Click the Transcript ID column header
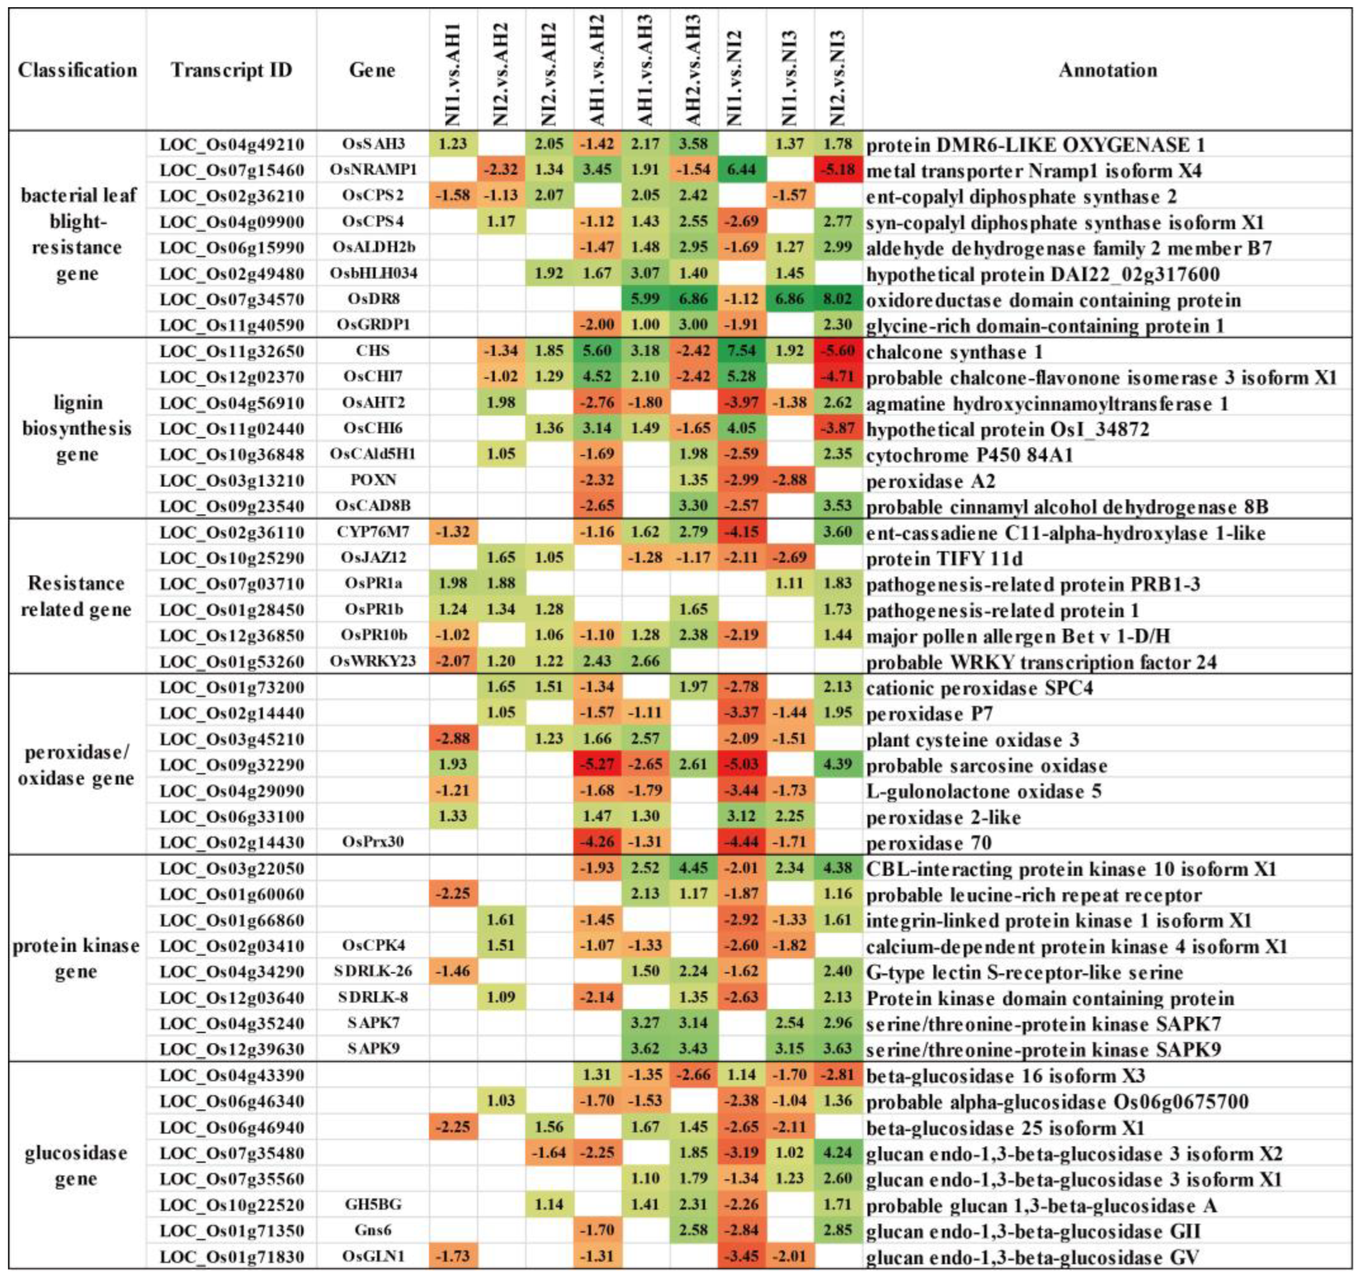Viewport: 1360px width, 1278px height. pyautogui.click(x=231, y=71)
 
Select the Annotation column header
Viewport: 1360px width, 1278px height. pyautogui.click(x=1107, y=71)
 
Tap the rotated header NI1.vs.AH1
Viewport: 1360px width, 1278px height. pyautogui.click(x=453, y=75)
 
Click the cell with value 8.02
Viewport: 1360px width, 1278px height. pyautogui.click(x=838, y=300)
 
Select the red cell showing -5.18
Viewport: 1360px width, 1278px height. pyautogui.click(x=838, y=170)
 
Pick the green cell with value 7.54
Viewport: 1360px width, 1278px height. pyautogui.click(x=742, y=351)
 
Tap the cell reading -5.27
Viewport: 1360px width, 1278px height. pyautogui.click(x=597, y=765)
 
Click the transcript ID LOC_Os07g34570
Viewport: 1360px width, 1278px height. pyautogui.click(x=231, y=300)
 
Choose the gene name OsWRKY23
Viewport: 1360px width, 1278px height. pyautogui.click(x=373, y=661)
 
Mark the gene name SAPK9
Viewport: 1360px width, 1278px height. pyautogui.click(x=373, y=1049)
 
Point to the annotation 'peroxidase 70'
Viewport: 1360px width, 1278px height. pyautogui.click(x=929, y=842)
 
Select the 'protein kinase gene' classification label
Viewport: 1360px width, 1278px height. pyautogui.click(x=76, y=958)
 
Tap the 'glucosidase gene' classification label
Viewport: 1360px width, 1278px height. pyautogui.click(x=76, y=1166)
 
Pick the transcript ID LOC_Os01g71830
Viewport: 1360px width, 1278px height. pyautogui.click(x=231, y=1257)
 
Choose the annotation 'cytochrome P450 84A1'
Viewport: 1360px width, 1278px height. pyautogui.click(x=969, y=455)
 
